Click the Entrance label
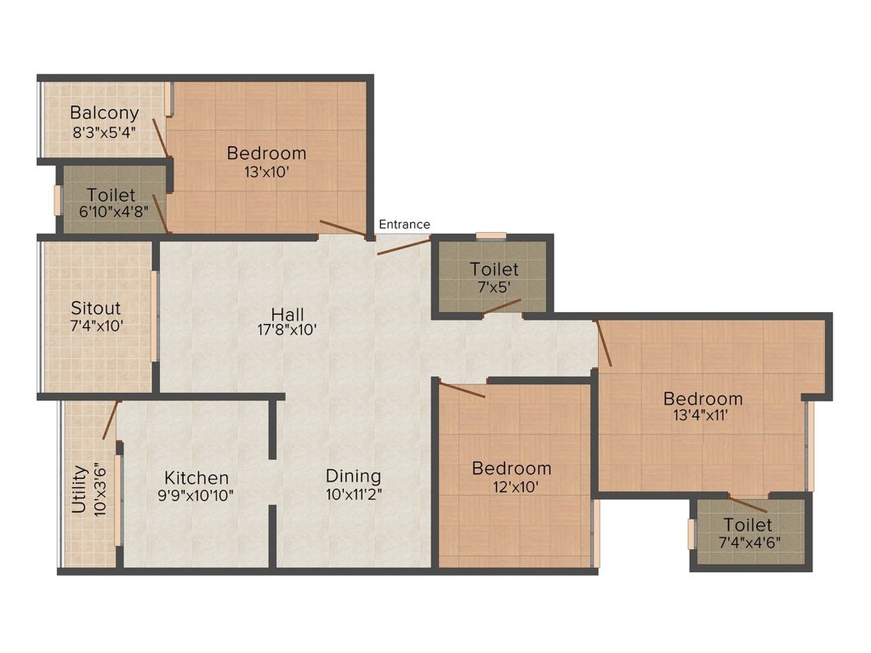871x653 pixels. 404,224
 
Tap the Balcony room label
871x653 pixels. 104,113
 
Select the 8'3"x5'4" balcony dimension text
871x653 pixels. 104,132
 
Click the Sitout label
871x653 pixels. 95,308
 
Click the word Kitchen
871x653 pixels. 196,478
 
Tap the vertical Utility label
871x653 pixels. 79,489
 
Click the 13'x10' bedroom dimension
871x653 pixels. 266,172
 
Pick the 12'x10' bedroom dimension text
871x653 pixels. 511,486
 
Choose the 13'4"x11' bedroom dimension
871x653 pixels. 703,416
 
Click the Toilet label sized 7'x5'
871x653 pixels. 494,270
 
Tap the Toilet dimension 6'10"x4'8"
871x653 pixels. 111,213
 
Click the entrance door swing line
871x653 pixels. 404,247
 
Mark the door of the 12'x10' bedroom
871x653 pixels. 463,390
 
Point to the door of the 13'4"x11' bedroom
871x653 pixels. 604,344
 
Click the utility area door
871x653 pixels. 111,420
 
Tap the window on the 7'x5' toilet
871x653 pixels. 491,236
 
